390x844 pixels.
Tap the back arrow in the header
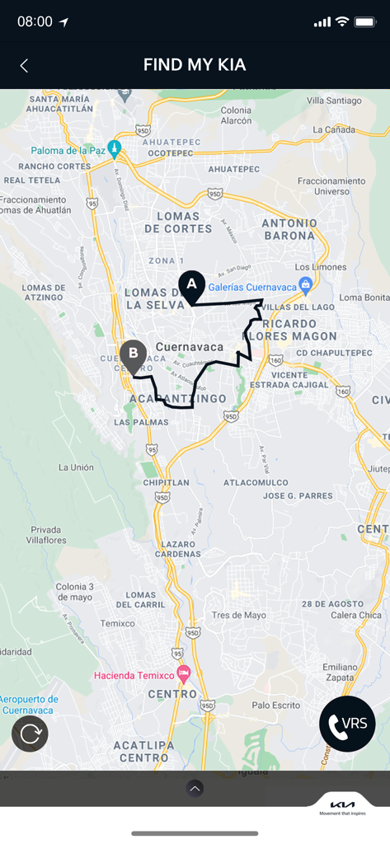pyautogui.click(x=24, y=66)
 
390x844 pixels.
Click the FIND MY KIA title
pyautogui.click(x=195, y=65)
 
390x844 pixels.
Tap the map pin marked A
pyautogui.click(x=192, y=284)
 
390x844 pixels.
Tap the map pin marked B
pyautogui.click(x=133, y=355)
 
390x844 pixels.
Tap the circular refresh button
pyautogui.click(x=30, y=734)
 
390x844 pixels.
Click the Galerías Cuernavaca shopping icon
pyautogui.click(x=305, y=285)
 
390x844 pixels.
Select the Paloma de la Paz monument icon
pyautogui.click(x=115, y=148)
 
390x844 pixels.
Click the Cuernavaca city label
pyautogui.click(x=189, y=347)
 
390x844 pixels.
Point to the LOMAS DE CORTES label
pyautogui.click(x=179, y=222)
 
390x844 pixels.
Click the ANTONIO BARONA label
pyautogui.click(x=289, y=229)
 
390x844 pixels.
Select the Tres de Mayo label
pyautogui.click(x=239, y=615)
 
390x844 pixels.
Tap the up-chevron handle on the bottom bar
pyautogui.click(x=195, y=789)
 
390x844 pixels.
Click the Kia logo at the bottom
pyautogui.click(x=342, y=804)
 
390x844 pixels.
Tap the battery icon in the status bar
pyautogui.click(x=364, y=22)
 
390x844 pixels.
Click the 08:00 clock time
pyautogui.click(x=35, y=22)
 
